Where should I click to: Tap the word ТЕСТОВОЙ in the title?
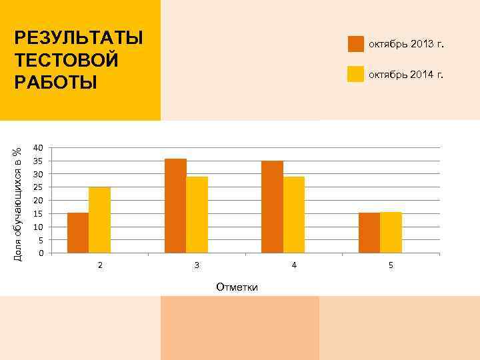point(67,60)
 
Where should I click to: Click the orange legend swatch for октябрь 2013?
point(356,44)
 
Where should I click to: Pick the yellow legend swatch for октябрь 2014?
point(356,74)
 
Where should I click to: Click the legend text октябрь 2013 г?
point(405,45)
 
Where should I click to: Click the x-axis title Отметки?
point(237,287)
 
